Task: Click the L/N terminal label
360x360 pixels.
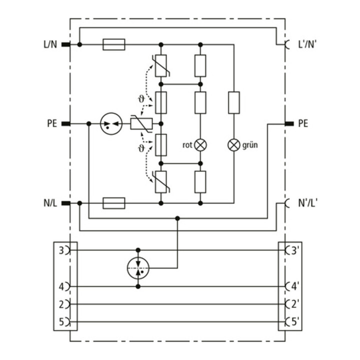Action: (50, 44)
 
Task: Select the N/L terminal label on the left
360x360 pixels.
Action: (50, 203)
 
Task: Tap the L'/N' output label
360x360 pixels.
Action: (307, 44)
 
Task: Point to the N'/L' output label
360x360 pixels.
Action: (307, 203)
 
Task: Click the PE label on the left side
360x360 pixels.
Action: (52, 123)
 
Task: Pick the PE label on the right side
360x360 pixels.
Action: (303, 123)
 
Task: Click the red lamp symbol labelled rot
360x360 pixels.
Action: (200, 145)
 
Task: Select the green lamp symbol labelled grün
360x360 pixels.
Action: (233, 145)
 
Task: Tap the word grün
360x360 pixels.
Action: (250, 145)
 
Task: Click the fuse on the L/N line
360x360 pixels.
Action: (114, 44)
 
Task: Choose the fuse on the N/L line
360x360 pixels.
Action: (114, 203)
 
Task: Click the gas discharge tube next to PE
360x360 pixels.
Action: (111, 124)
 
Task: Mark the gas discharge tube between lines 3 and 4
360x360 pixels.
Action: (138, 268)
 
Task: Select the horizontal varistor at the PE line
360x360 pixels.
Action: (141, 124)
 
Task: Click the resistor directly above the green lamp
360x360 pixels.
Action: (234, 102)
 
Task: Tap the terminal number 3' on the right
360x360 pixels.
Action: (294, 250)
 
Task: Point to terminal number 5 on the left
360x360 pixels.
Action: (61, 322)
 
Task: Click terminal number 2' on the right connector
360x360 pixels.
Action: (295, 304)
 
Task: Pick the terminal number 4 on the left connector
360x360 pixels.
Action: (61, 287)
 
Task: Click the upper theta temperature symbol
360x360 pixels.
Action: (141, 99)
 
